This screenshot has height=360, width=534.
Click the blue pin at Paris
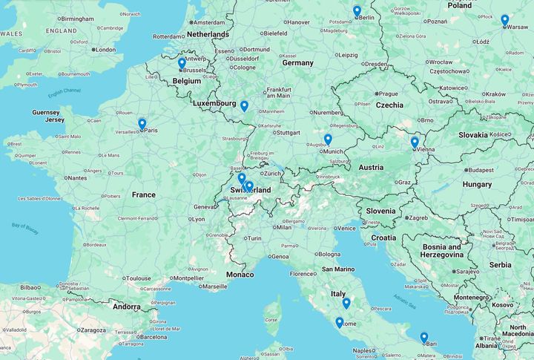tap(142, 124)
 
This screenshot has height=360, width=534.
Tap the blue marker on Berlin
tap(357, 11)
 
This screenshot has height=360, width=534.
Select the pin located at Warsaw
tap(504, 20)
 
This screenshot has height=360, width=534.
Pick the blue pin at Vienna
tap(415, 143)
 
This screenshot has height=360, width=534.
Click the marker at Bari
tap(424, 338)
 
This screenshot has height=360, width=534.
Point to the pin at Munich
tap(328, 140)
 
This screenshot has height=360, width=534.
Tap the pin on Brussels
tap(182, 64)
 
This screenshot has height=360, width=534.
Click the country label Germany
tap(297, 63)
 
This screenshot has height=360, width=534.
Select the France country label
tap(144, 195)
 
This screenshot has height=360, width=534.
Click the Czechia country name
tap(389, 105)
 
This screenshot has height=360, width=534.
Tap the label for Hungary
tap(477, 184)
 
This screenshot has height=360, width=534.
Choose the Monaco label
tap(240, 275)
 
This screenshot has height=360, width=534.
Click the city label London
tap(105, 50)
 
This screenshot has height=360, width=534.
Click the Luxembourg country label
tap(214, 103)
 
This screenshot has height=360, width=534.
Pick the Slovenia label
tap(380, 211)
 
